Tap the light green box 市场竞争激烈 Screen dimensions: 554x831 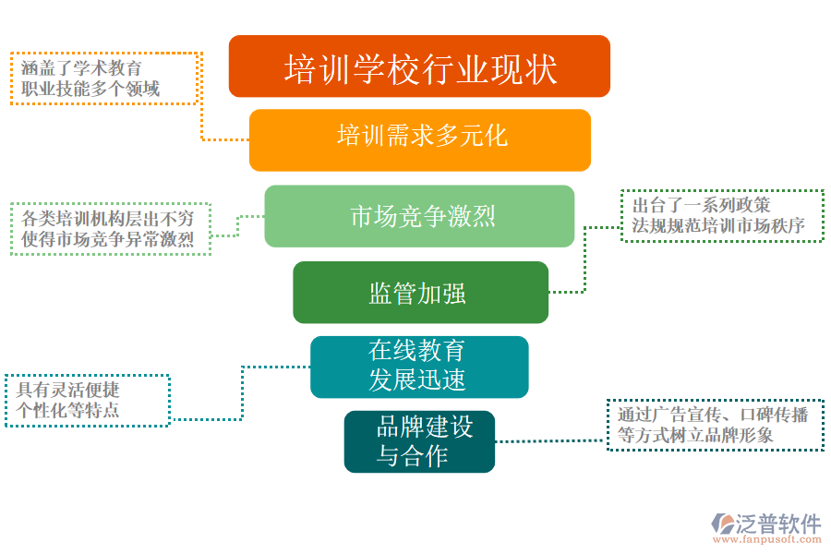[419, 216]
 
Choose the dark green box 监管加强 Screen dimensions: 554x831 [420, 293]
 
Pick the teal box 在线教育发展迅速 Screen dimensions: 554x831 [419, 367]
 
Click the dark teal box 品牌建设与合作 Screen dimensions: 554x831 [419, 441]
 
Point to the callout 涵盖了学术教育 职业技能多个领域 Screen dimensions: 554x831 [104, 78]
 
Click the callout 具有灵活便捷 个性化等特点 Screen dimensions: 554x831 [88, 400]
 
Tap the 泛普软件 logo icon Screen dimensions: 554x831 [723, 524]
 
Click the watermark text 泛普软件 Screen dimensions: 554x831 [778, 524]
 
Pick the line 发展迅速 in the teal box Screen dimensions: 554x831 [417, 379]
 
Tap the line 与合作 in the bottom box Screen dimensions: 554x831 [412, 455]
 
